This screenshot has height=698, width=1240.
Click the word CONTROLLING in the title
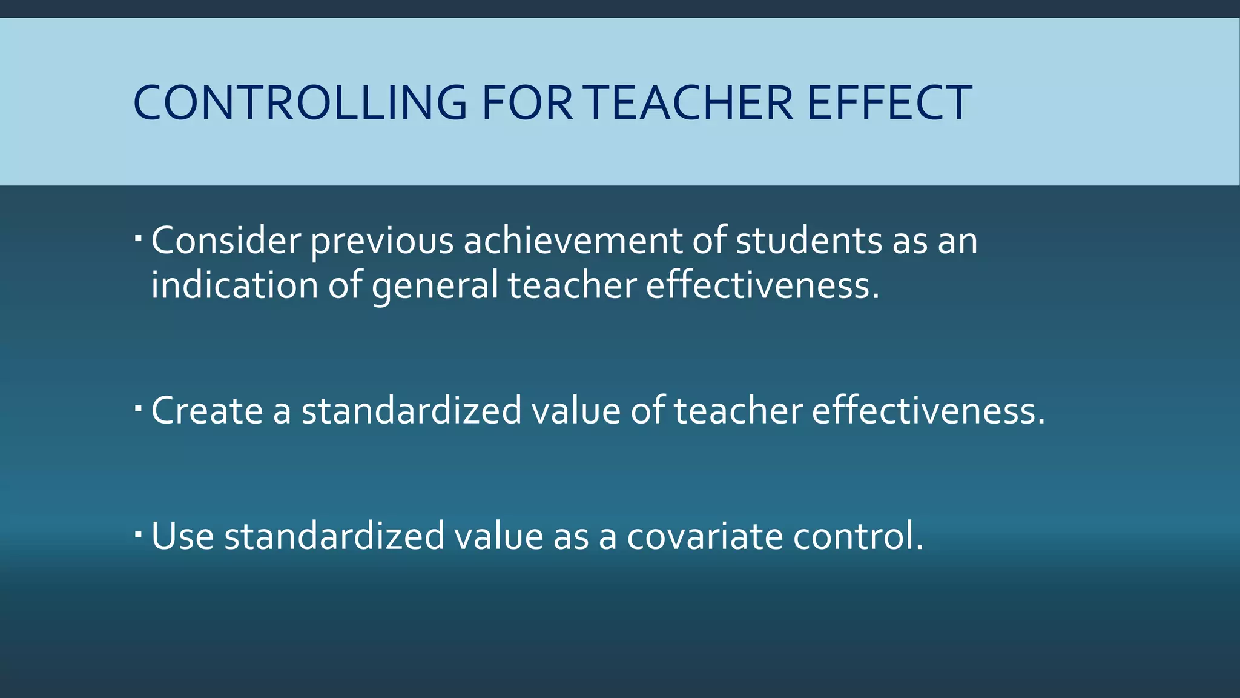(300, 102)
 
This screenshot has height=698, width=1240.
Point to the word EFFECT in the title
(889, 102)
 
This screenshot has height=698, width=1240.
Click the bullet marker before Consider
(138, 235)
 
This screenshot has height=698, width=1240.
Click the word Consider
(226, 241)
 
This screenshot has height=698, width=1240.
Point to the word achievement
(573, 241)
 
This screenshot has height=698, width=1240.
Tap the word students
(808, 241)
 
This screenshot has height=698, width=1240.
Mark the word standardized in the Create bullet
(412, 410)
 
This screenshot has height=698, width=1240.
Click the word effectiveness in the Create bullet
(928, 410)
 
